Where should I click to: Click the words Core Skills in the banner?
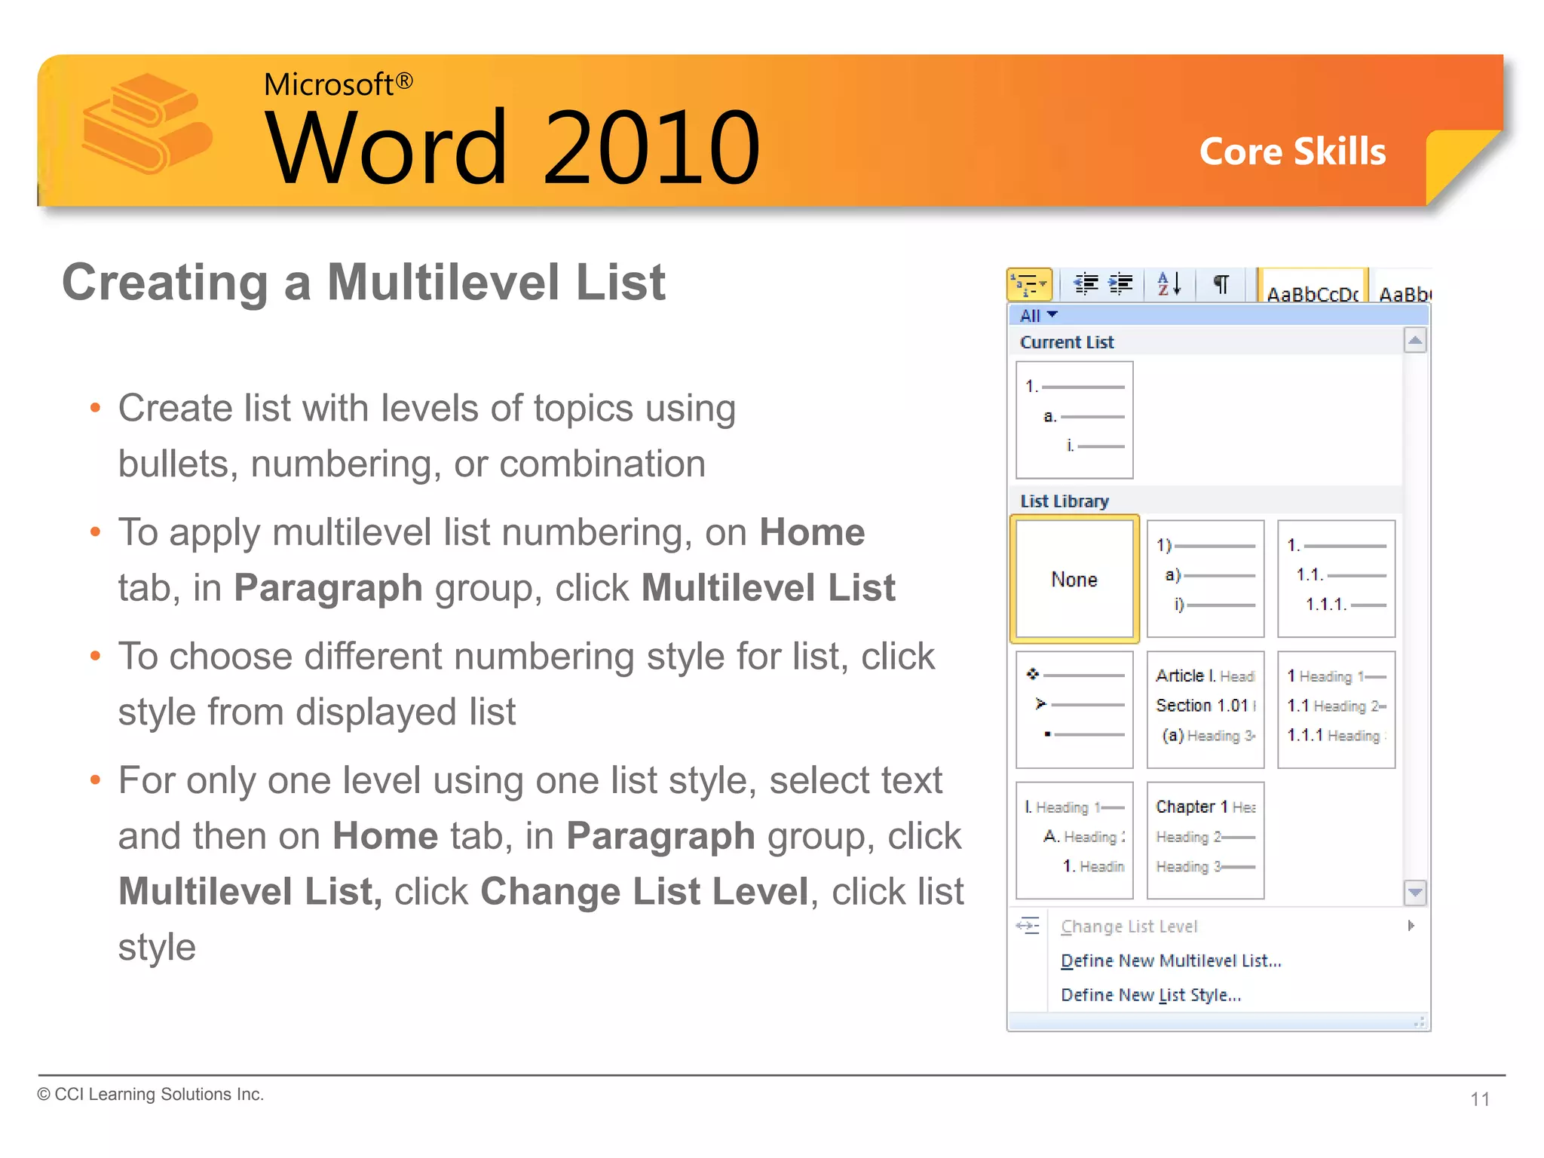pos(1292,152)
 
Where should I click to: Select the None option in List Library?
pos(1074,579)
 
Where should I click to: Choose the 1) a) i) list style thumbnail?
pos(1205,578)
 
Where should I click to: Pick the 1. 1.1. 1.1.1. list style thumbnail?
pos(1336,578)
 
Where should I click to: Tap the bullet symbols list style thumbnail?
pos(1074,709)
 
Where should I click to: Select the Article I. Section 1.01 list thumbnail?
pos(1205,709)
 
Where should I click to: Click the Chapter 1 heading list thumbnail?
pos(1205,840)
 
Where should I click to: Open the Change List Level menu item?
pos(1129,927)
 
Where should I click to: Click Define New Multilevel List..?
pos(1171,960)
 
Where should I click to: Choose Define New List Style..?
pos(1150,995)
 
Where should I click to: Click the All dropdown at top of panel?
pos(1038,315)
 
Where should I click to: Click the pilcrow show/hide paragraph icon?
pos(1221,284)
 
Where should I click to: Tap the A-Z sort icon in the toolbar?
pos(1169,284)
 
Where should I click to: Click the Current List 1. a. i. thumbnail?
pos(1074,420)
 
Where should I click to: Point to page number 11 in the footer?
pos(1480,1099)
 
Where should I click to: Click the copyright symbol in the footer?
pos(44,1095)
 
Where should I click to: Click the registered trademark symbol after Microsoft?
pos(404,81)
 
